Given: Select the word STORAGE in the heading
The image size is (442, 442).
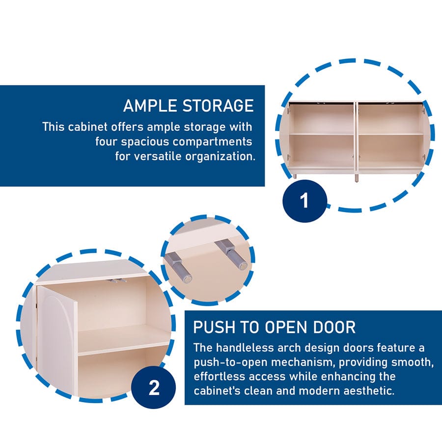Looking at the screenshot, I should click(218, 106).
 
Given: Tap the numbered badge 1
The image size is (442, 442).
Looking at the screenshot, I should click(304, 201).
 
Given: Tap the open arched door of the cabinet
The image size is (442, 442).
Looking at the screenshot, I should click(56, 339).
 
